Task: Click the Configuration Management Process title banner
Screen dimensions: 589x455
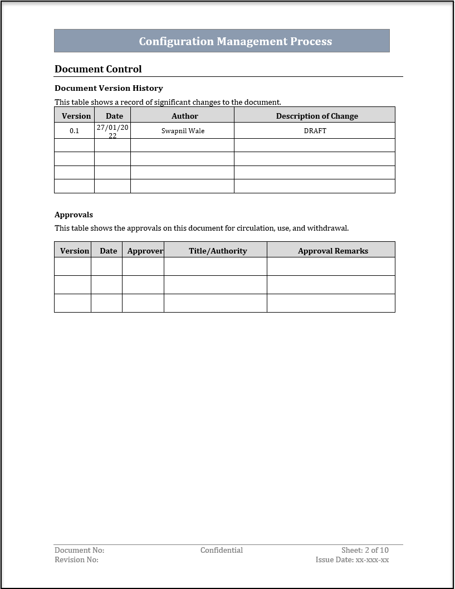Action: click(x=235, y=41)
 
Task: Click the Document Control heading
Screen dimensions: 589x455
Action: click(x=98, y=69)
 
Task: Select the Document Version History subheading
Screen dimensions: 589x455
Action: click(x=109, y=88)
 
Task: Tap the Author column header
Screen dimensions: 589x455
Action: click(x=184, y=116)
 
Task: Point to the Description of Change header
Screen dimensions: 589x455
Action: click(x=317, y=116)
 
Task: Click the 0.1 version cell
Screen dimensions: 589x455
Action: click(x=75, y=131)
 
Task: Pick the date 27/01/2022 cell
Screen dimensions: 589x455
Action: click(x=112, y=131)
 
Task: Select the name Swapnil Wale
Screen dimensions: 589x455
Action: click(x=183, y=131)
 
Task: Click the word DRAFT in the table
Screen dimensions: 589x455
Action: click(x=315, y=131)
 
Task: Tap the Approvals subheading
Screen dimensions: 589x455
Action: click(x=74, y=215)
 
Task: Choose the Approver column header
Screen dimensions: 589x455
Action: click(x=145, y=251)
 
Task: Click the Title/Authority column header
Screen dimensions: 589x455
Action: click(x=218, y=251)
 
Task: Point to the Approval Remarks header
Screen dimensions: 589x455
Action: click(x=333, y=251)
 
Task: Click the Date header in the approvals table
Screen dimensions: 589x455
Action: click(x=109, y=251)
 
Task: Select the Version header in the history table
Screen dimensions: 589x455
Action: click(x=76, y=116)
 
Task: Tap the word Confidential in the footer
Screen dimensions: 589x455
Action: click(x=222, y=550)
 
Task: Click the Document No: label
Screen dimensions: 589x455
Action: click(x=79, y=550)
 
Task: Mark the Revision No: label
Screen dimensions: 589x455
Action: click(x=76, y=559)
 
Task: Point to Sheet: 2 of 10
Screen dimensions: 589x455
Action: click(x=365, y=550)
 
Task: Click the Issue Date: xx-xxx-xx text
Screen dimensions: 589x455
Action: click(x=352, y=559)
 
